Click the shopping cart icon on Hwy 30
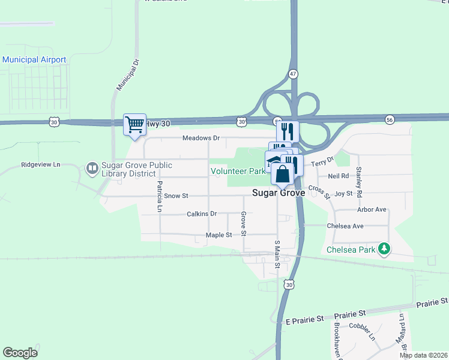tap(134, 125)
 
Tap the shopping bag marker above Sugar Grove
tap(283, 175)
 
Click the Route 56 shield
tap(390, 120)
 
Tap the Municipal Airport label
tap(34, 59)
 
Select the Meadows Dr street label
tap(201, 138)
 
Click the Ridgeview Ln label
tap(41, 164)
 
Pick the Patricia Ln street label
tap(160, 197)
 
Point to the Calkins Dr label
tap(201, 214)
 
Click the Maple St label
tap(218, 235)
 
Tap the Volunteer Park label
tap(238, 171)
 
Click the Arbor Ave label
tap(372, 209)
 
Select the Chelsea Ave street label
tap(345, 226)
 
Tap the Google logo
tap(20, 353)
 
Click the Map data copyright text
tap(424, 355)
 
